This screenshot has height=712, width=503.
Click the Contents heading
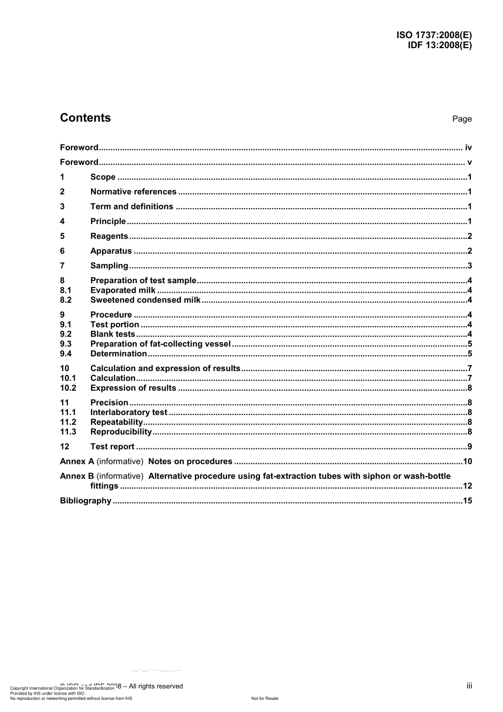[x=85, y=118]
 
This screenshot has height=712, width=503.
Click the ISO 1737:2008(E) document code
[x=434, y=35]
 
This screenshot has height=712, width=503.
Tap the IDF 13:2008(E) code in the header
[x=439, y=45]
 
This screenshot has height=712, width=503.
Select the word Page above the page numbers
[x=462, y=119]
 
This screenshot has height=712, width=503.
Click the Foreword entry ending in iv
[x=79, y=148]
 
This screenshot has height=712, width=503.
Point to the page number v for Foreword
[x=469, y=163]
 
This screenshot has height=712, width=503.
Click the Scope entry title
[x=103, y=177]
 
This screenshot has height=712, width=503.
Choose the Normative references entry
[x=133, y=192]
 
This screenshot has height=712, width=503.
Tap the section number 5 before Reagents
[x=62, y=237]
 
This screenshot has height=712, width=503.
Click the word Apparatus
[x=111, y=251]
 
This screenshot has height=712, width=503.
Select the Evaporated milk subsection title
[x=123, y=290]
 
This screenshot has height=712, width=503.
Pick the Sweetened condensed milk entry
[x=145, y=300]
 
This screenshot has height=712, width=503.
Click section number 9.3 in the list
[x=66, y=344]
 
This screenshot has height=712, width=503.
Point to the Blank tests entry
[x=112, y=334]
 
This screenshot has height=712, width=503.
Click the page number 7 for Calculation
[x=469, y=378]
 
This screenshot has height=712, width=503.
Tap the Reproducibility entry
[x=121, y=432]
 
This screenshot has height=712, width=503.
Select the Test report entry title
[x=112, y=447]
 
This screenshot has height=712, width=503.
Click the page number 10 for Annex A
[x=467, y=462]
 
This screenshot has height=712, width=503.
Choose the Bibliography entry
[x=85, y=501]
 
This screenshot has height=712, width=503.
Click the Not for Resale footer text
[x=265, y=699]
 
